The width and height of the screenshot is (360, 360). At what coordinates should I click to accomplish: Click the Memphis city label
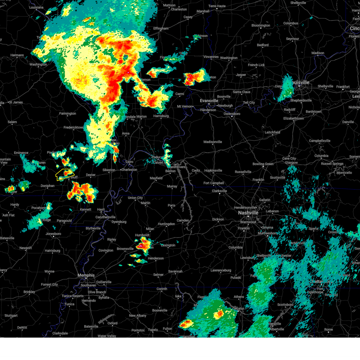pyautogui.click(x=86, y=275)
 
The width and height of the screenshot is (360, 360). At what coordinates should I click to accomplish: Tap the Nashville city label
pyautogui.click(x=248, y=213)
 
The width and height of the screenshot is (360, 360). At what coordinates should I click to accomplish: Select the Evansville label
pyautogui.click(x=209, y=101)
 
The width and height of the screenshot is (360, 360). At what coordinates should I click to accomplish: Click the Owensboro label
pyautogui.click(x=232, y=114)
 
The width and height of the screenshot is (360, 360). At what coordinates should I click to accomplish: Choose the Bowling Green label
pyautogui.click(x=263, y=164)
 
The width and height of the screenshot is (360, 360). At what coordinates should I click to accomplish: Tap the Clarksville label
pyautogui.click(x=219, y=191)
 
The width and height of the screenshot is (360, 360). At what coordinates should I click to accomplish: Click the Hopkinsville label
pyautogui.click(x=213, y=171)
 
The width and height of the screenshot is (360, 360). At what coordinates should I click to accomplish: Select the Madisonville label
pyautogui.click(x=213, y=142)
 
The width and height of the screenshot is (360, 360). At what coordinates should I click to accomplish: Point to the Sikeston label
pyautogui.click(x=109, y=170)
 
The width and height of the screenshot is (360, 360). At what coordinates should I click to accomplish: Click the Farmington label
pyautogui.click(x=67, y=114)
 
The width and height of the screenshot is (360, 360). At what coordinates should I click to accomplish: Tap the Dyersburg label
pyautogui.click(x=119, y=222)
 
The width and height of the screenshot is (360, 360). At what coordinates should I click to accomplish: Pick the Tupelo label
pyautogui.click(x=153, y=330)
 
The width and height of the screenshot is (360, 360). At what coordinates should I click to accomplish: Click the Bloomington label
pyautogui.click(x=261, y=25)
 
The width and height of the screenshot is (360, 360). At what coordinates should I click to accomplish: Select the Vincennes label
pyautogui.click(x=211, y=57)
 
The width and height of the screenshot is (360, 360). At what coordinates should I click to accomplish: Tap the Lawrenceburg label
pyautogui.click(x=221, y=271)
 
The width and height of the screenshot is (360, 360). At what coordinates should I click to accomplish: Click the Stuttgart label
pyautogui.click(x=11, y=316)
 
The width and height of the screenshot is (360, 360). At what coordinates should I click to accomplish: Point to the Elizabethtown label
pyautogui.click(x=293, y=118)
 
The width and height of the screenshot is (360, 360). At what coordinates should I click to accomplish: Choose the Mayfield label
pyautogui.click(x=156, y=178)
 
